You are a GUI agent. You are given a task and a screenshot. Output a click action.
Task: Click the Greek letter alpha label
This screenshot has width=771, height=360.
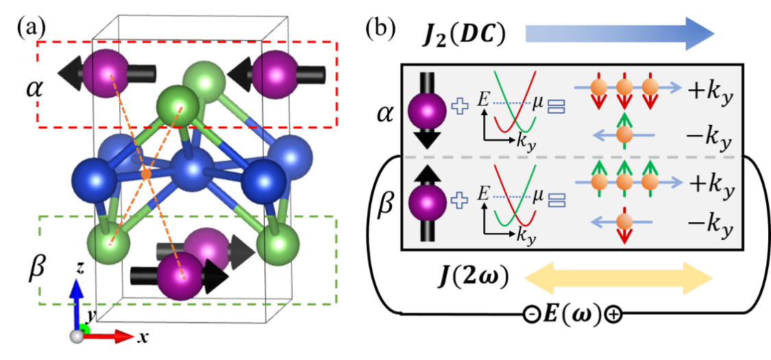click(33, 88)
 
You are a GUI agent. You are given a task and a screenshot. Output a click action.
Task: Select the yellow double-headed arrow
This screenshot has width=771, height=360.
click(618, 278)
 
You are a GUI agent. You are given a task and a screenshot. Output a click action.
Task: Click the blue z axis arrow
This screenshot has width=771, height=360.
click(77, 302)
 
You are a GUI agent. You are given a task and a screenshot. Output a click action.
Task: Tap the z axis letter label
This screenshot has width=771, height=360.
click(80, 268)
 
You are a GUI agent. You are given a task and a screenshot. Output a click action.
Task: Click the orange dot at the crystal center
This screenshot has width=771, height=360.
click(145, 175)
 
